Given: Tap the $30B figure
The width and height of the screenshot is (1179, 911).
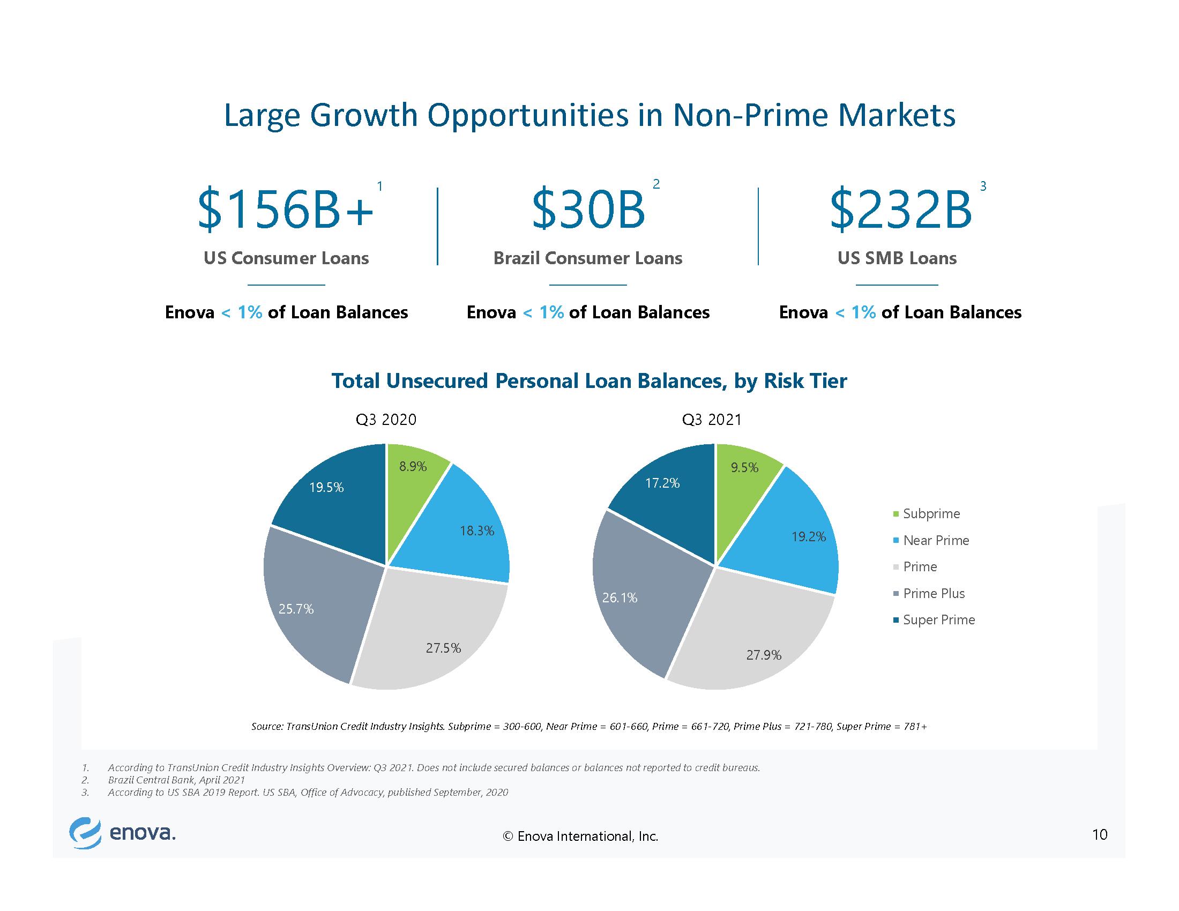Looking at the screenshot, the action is (588, 210).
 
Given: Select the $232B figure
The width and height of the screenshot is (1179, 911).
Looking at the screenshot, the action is (900, 210).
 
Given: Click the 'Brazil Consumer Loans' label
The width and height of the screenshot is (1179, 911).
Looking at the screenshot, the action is (588, 258).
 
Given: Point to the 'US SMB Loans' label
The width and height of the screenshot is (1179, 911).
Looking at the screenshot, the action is (897, 258).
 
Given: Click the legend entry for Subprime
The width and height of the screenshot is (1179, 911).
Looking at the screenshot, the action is (927, 513).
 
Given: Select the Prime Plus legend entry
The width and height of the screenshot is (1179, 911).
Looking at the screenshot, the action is (929, 593).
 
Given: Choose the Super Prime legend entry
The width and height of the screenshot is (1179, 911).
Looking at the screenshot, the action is (935, 619).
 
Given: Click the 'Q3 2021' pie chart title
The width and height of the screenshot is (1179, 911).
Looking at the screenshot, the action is (712, 420).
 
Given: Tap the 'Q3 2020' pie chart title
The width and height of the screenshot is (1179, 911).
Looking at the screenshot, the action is (386, 420).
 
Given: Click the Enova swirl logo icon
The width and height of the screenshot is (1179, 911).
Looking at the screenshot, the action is (85, 834).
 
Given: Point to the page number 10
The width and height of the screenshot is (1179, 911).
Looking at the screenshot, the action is (1100, 835).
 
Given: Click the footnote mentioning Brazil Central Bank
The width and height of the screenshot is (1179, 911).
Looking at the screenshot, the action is (176, 780).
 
